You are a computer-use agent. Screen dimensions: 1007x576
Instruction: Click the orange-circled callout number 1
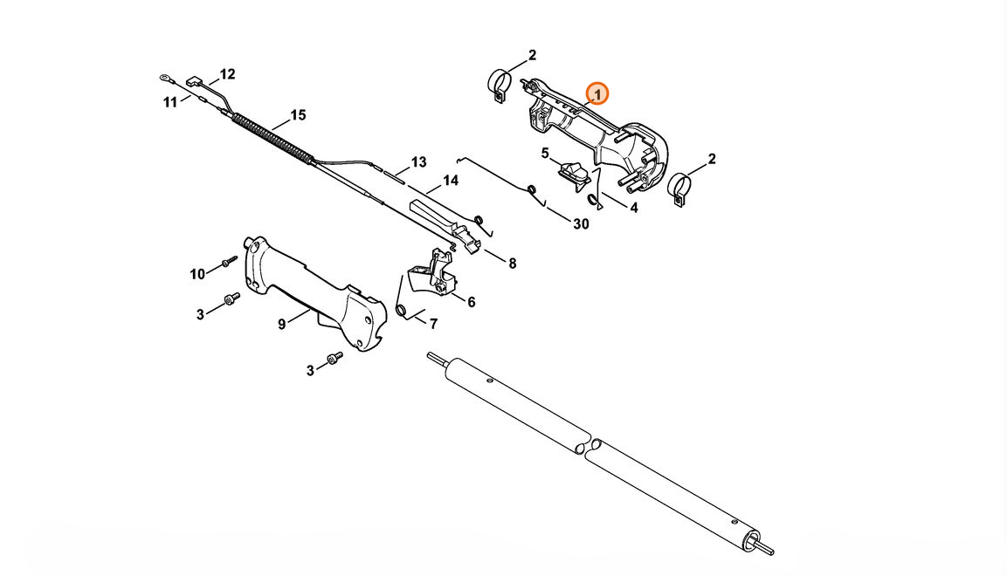click(597, 94)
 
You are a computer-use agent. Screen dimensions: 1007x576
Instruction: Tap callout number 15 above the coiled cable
click(298, 115)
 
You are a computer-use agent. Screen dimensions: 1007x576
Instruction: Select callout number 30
click(581, 224)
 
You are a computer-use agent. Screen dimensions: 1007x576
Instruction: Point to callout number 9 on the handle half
click(281, 325)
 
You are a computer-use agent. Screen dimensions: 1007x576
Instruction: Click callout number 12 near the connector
click(227, 74)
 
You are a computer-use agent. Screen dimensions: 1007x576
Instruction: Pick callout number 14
click(450, 181)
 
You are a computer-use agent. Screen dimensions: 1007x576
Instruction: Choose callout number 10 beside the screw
click(197, 275)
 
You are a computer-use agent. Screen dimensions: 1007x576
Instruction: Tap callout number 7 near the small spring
click(433, 325)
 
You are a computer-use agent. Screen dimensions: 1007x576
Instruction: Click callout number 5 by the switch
click(545, 154)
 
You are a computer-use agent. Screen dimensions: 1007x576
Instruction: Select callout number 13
click(418, 162)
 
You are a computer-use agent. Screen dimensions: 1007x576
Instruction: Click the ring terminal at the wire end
click(166, 79)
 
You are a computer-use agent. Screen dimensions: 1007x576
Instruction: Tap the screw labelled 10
click(230, 262)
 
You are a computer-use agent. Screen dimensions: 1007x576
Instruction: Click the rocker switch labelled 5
click(574, 173)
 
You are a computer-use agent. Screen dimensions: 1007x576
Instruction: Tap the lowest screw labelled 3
click(335, 357)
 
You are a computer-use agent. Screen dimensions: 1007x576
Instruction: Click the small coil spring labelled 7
click(401, 311)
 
